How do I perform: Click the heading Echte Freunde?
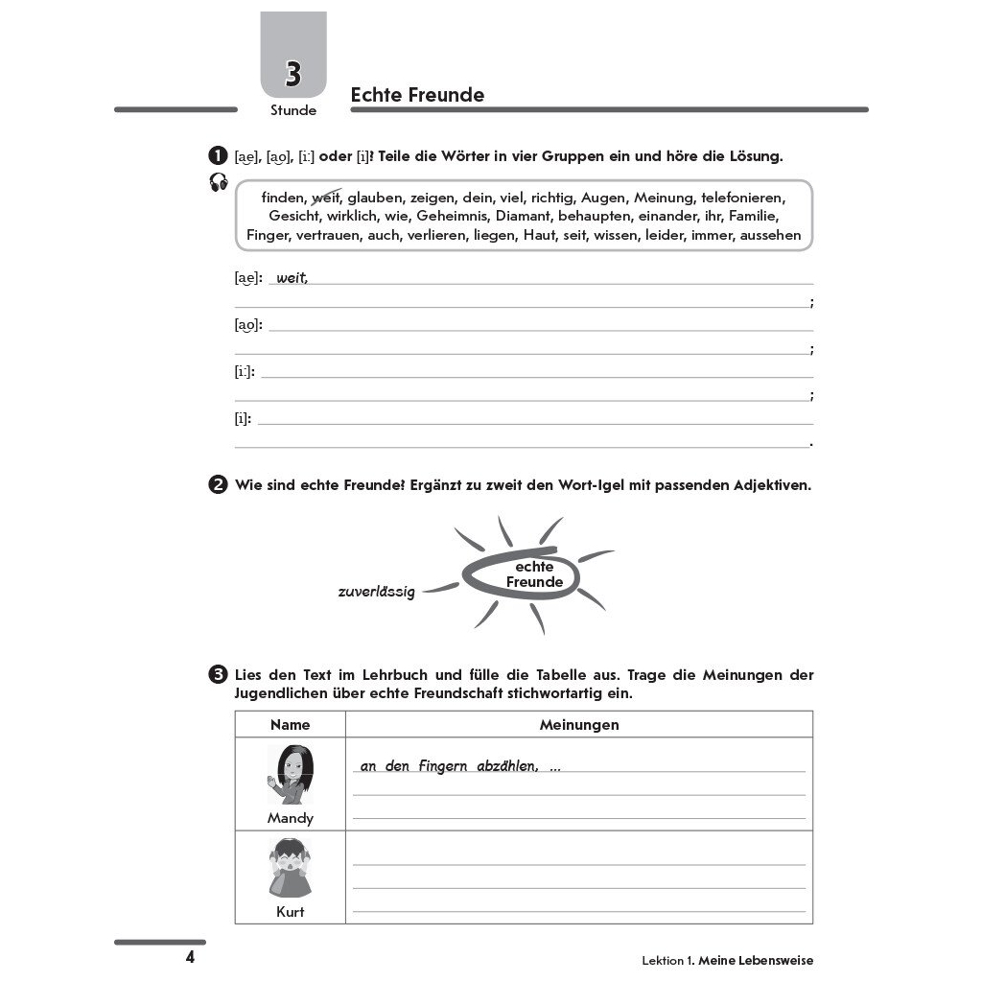[417, 95]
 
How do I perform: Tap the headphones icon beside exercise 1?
[219, 182]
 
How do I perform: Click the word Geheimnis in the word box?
[453, 216]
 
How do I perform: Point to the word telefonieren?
[743, 198]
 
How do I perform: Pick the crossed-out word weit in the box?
[327, 198]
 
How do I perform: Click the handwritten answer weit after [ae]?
[292, 278]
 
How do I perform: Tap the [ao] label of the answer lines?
[247, 324]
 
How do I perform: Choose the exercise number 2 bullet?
[218, 484]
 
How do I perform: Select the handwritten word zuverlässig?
[376, 592]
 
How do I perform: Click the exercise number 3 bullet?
[218, 675]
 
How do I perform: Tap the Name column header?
[290, 725]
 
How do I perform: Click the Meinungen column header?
[579, 725]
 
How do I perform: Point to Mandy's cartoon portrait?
[290, 774]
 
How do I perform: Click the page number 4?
[190, 957]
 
